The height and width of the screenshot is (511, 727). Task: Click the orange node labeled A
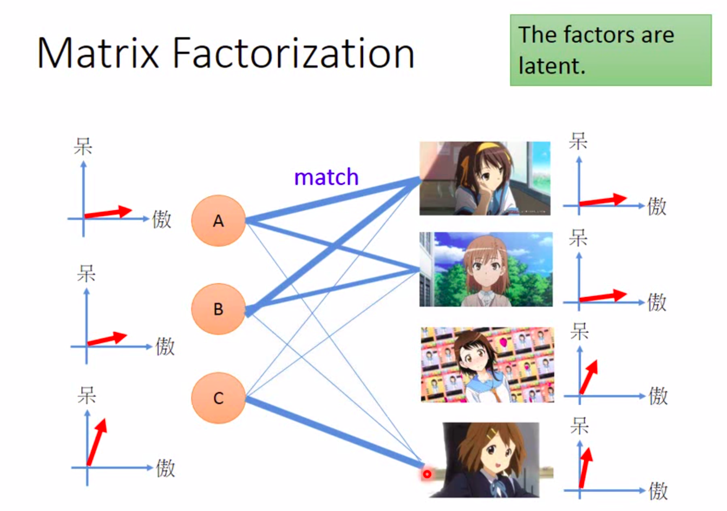218,221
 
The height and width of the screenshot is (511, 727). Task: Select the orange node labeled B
218,309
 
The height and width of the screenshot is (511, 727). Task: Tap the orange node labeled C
218,398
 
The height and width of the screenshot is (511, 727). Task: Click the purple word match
326,177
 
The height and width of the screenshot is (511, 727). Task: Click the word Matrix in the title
97,53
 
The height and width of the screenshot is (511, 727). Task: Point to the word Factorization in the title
293,53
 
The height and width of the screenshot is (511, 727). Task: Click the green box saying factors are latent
610,50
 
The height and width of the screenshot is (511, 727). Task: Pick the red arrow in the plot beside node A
108,212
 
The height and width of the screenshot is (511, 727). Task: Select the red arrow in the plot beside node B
107,339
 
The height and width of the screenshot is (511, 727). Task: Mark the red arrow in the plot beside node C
97,441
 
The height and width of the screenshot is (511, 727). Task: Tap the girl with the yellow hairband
484,178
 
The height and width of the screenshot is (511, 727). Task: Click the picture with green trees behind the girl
486,269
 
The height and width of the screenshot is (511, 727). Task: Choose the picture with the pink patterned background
487,364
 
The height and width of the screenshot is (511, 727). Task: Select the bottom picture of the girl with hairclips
490,460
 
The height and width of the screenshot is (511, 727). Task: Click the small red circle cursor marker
427,474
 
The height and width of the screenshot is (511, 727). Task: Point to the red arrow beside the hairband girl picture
603,200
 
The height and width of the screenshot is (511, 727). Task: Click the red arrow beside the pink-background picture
589,376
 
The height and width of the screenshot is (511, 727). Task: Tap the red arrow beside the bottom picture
585,467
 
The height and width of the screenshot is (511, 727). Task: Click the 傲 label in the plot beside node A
161,219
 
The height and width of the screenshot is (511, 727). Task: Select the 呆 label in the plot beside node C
87,396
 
